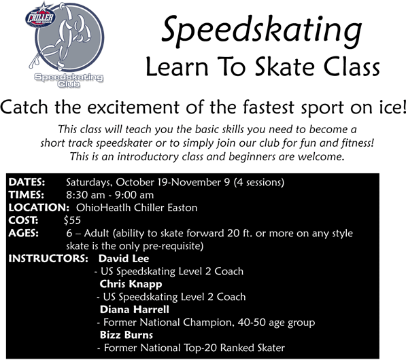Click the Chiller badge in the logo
click(x=40, y=17)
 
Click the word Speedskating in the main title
click(x=262, y=31)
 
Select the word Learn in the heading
click(x=177, y=67)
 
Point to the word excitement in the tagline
click(x=133, y=107)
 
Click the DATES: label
click(x=27, y=182)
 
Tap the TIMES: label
click(x=26, y=195)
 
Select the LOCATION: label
click(x=39, y=207)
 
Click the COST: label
click(x=23, y=220)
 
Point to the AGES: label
click(x=24, y=233)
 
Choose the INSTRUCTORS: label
click(x=48, y=258)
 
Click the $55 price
click(x=72, y=220)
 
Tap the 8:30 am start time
click(x=86, y=195)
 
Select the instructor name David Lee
click(x=124, y=258)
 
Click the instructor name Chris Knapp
click(x=131, y=284)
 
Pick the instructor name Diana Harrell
click(x=135, y=309)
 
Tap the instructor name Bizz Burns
click(x=126, y=335)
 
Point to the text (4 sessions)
click(x=259, y=182)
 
